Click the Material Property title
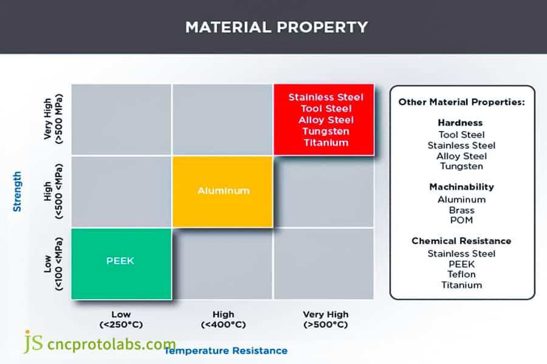277,27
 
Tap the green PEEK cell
121,264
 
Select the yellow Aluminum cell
222,192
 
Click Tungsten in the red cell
326,131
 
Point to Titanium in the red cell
326,143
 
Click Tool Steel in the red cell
326,109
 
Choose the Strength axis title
17,192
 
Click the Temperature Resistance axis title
226,351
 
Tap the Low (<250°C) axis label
121,320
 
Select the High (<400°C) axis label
223,320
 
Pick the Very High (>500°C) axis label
326,320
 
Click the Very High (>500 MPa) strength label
53,119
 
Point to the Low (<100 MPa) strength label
53,264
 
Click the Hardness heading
460,123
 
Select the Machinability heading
461,187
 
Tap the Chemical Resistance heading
461,241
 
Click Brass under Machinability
461,211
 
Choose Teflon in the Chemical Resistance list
461,274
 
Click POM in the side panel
461,220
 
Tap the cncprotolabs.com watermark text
111,344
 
